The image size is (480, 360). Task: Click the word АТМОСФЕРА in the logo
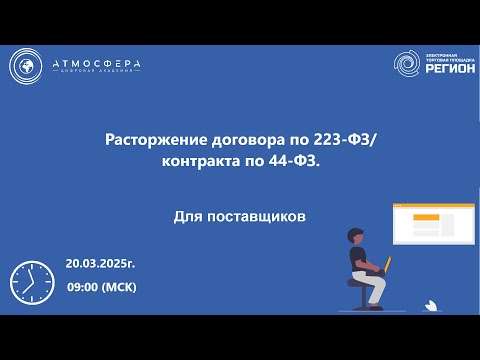[97, 64]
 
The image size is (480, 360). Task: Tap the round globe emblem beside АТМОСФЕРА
[28, 66]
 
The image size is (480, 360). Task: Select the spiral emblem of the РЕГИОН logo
[409, 66]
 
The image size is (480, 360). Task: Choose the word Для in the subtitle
[188, 215]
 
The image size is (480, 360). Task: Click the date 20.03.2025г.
[100, 264]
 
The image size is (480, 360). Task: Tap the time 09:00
[83, 287]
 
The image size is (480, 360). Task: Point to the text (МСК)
[119, 287]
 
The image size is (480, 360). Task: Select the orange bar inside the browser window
[426, 218]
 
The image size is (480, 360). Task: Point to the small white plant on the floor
[430, 302]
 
